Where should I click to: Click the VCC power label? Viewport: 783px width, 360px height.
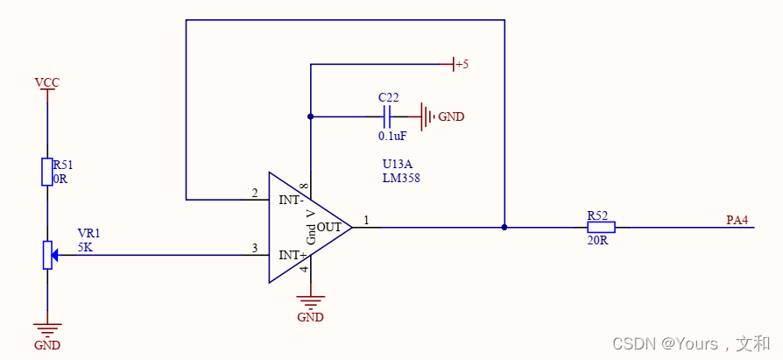(x=47, y=82)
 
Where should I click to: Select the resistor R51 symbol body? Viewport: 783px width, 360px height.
(x=47, y=172)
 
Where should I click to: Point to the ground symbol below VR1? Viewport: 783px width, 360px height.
(x=47, y=330)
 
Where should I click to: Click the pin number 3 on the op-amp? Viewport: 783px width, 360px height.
(x=254, y=249)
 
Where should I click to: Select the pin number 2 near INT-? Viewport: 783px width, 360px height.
(x=254, y=194)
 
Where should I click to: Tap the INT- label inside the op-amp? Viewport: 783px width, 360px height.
(x=291, y=200)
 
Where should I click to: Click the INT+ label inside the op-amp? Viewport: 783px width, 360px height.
(x=292, y=255)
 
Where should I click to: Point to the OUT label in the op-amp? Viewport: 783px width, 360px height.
(x=328, y=227)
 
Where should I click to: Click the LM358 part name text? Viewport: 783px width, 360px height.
(x=402, y=178)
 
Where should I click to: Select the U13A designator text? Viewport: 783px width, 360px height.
(x=399, y=164)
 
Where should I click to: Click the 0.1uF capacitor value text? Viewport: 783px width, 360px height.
(x=391, y=136)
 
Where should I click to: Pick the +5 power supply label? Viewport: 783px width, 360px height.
(x=461, y=64)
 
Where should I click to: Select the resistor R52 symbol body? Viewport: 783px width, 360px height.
(x=601, y=227)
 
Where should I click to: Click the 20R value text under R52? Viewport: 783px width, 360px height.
(x=597, y=240)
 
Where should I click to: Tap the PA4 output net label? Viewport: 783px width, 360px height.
(x=737, y=220)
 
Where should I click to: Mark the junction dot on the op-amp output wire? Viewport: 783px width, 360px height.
(x=504, y=227)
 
